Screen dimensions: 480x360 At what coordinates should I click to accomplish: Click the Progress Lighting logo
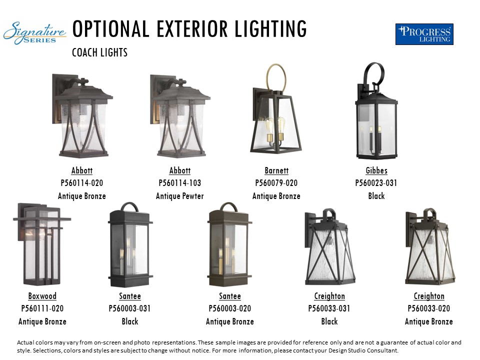[424, 34]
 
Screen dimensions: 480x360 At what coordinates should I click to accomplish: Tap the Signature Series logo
[34, 33]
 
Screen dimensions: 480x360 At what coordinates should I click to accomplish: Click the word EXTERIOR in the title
[192, 29]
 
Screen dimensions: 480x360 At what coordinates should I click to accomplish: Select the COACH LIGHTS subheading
[100, 52]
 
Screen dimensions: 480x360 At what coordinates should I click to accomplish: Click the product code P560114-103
[179, 183]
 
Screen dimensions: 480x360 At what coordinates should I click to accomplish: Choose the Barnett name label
[276, 170]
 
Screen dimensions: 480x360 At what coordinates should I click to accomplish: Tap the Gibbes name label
[376, 170]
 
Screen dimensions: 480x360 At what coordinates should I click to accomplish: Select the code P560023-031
[376, 183]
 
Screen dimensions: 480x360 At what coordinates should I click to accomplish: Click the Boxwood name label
[42, 296]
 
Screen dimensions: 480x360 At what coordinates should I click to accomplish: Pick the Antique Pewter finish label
[179, 196]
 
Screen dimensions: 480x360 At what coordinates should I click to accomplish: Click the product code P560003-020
[230, 308]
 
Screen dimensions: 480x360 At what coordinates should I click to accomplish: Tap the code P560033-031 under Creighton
[329, 308]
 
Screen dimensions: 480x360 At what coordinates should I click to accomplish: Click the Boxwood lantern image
[42, 244]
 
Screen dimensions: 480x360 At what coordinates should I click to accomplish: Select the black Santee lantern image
[130, 244]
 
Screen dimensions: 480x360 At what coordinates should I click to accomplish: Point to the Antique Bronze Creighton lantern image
[430, 246]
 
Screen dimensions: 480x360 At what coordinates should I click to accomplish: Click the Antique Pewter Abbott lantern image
[180, 116]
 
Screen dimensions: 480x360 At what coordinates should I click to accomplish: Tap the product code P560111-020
[42, 308]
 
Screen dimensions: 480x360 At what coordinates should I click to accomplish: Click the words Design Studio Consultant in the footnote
[363, 350]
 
